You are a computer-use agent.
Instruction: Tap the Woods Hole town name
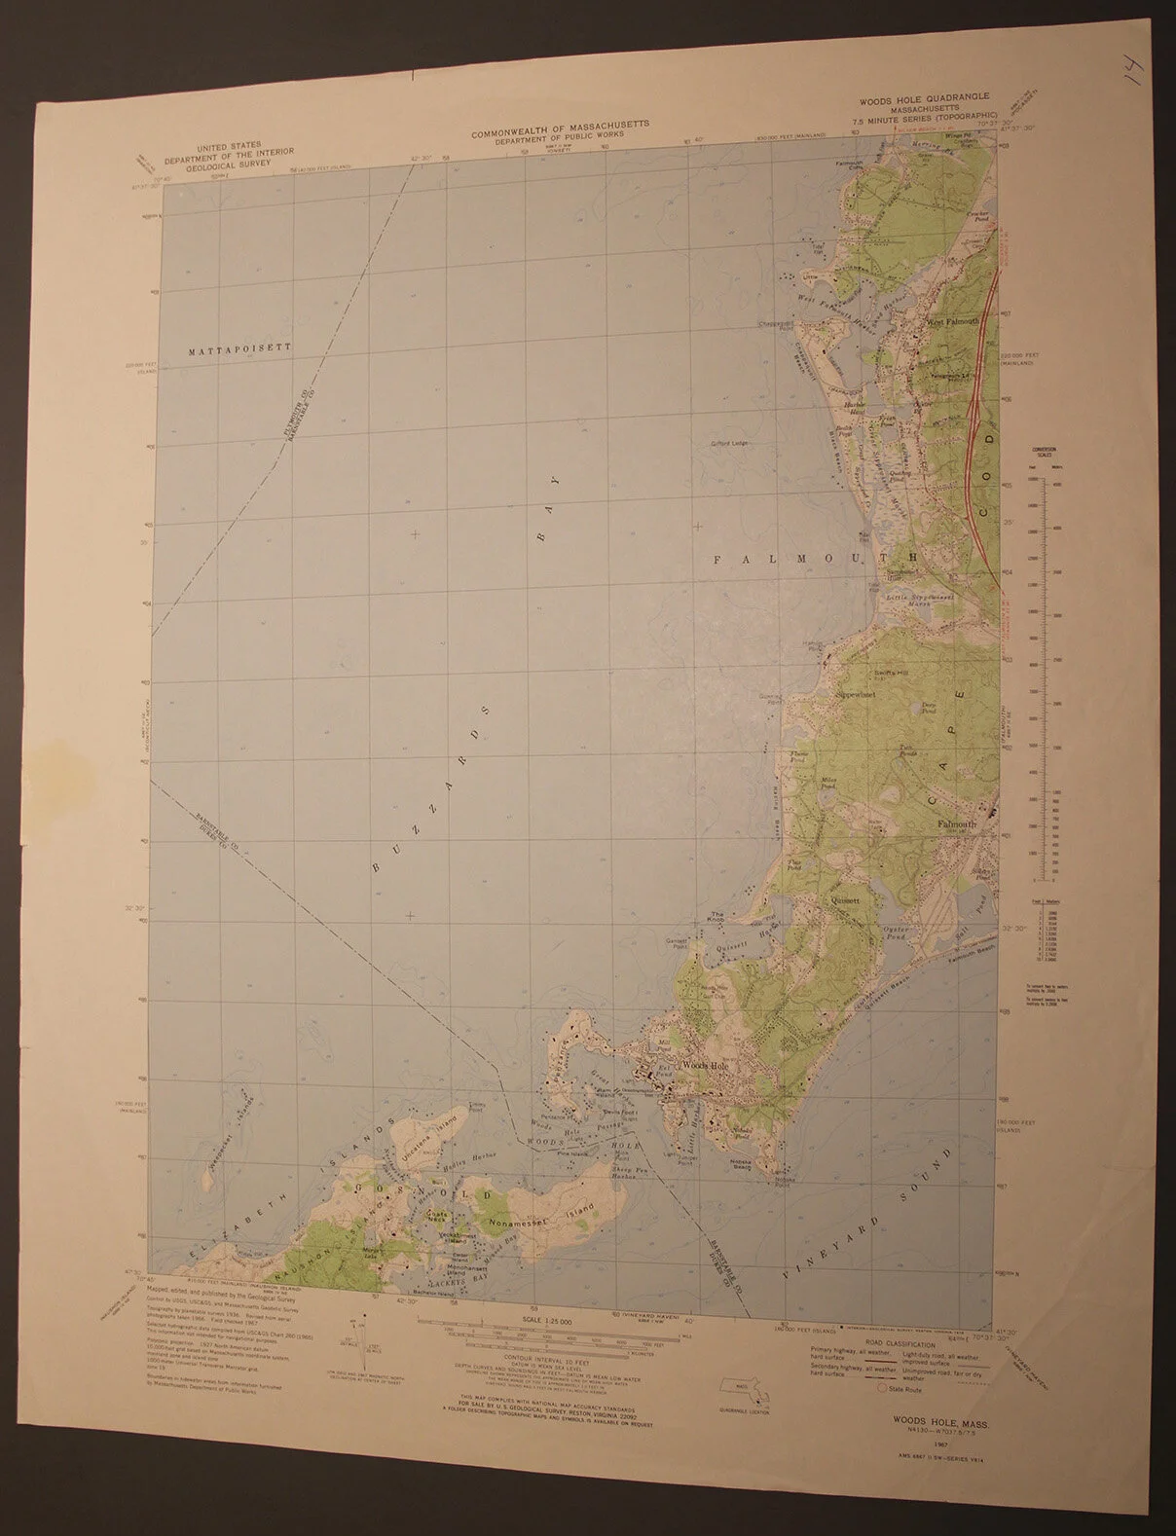tap(705, 1066)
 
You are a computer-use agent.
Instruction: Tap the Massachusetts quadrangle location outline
tap(740, 1389)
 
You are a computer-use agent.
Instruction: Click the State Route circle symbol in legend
tap(882, 1390)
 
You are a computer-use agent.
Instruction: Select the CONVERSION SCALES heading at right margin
tap(1049, 454)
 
